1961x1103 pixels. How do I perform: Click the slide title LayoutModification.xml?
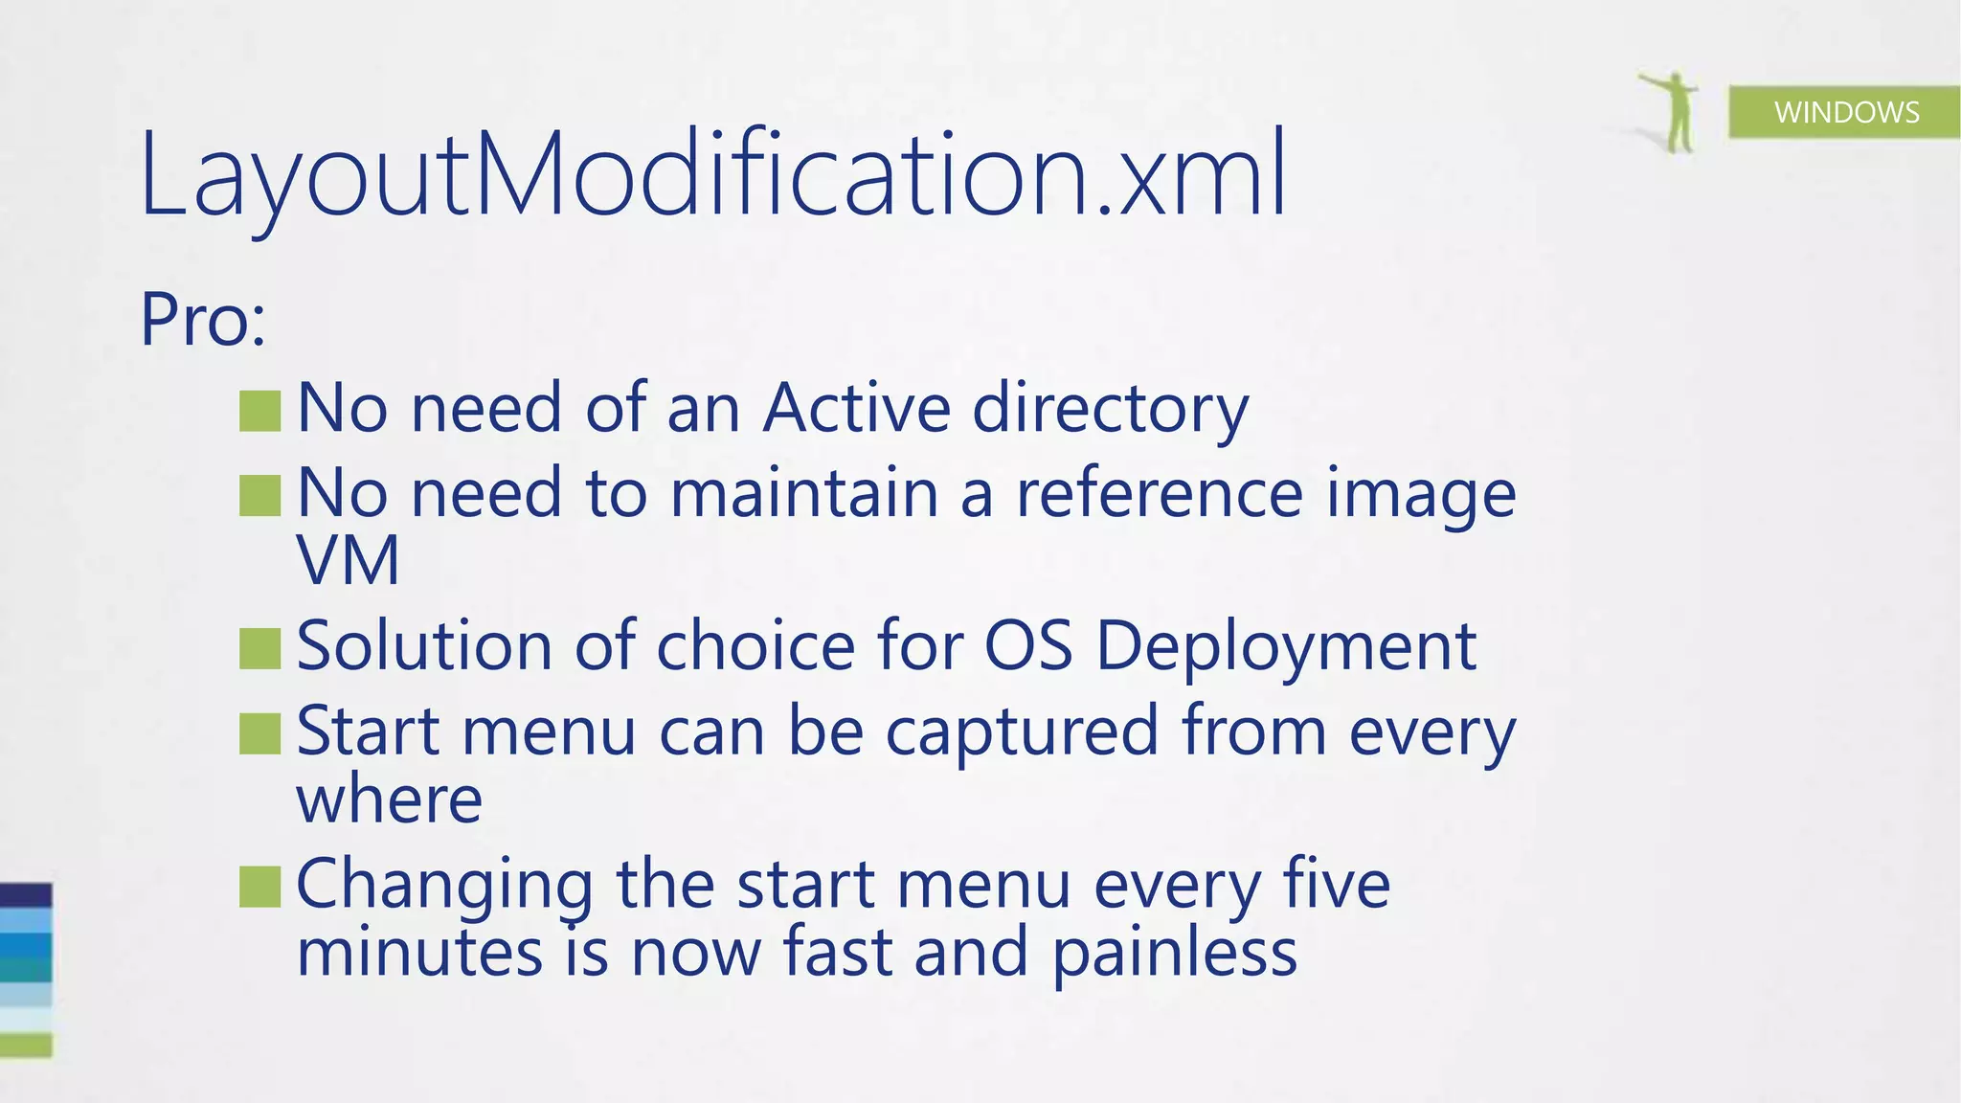713,174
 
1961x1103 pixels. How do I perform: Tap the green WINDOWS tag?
1845,112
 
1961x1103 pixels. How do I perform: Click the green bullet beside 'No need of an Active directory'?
259,411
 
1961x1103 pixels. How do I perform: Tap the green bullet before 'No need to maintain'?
259,496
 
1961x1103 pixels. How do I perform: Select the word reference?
1159,494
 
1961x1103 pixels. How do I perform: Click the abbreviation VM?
348,560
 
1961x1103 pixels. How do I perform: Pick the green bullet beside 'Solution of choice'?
259,648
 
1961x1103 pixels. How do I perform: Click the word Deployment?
1285,648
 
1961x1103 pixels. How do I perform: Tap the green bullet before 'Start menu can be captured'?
259,733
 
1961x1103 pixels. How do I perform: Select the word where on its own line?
389,799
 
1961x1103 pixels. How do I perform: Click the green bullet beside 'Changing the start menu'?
259,886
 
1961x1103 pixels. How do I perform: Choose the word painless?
1175,955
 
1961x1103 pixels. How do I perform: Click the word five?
1336,884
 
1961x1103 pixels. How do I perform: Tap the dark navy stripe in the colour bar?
26,895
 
